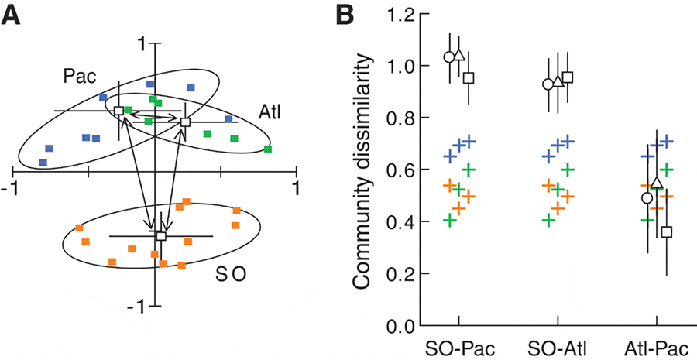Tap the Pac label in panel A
79,76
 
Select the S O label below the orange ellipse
232,275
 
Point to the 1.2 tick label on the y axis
397,13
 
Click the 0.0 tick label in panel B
397,326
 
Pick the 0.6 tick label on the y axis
397,170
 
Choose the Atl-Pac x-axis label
657,345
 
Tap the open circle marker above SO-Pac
448,57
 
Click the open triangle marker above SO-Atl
558,81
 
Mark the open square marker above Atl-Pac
666,231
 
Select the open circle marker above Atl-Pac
647,198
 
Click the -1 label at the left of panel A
12,188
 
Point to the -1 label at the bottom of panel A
143,307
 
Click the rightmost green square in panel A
267,149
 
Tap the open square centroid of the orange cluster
161,236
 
